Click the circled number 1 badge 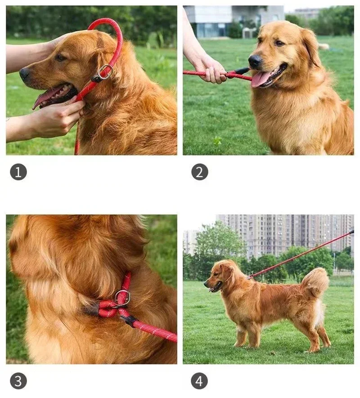point(18,172)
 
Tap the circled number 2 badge point(199,172)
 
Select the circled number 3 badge point(18,381)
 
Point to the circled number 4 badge point(199,381)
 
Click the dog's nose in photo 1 point(25,73)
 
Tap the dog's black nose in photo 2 point(255,61)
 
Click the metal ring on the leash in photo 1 point(105,72)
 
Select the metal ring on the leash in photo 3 point(122,297)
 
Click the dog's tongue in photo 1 point(43,98)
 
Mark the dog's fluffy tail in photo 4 point(315,281)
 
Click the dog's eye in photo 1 point(60,58)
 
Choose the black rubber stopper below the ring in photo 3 point(128,320)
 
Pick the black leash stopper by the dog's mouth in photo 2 point(240,71)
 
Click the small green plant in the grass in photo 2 point(217,141)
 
